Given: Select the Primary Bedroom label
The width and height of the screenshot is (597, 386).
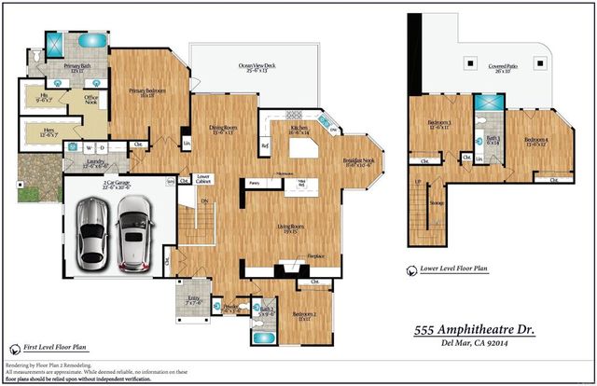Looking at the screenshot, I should click(147, 91).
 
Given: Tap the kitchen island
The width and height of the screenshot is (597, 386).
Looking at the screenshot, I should click(301, 149).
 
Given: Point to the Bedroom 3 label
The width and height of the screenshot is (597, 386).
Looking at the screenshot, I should click(439, 124).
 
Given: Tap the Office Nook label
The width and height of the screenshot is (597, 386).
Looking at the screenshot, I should click(91, 99).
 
